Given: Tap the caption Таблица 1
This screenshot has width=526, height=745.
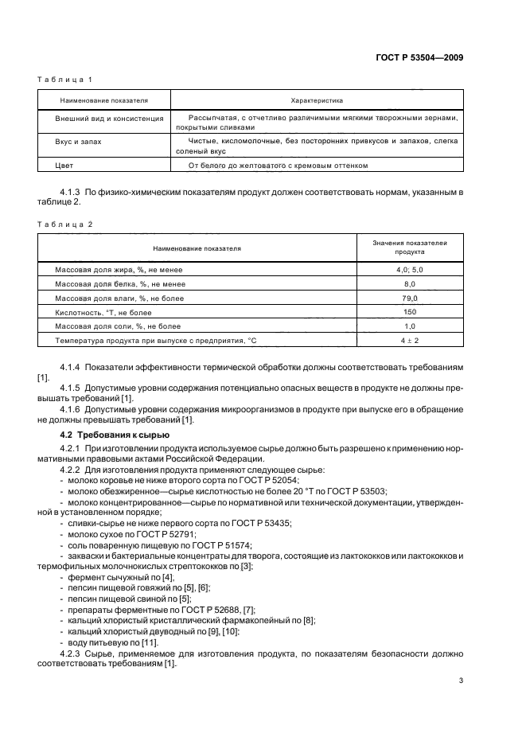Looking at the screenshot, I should tap(66, 80).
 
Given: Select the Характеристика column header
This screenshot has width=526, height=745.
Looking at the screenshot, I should tap(316, 101).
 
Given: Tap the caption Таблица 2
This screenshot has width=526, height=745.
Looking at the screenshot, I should tap(66, 224).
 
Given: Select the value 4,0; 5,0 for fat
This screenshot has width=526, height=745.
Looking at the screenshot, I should tap(410, 271).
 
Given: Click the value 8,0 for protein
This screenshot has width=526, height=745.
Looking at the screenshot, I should tap(410, 284).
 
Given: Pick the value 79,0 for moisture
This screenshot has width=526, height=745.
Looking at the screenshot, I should tap(410, 298).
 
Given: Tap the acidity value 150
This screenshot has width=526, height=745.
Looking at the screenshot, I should tap(410, 312).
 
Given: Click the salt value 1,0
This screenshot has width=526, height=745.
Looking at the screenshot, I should tap(410, 326).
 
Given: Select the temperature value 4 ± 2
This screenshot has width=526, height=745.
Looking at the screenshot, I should tap(410, 341).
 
